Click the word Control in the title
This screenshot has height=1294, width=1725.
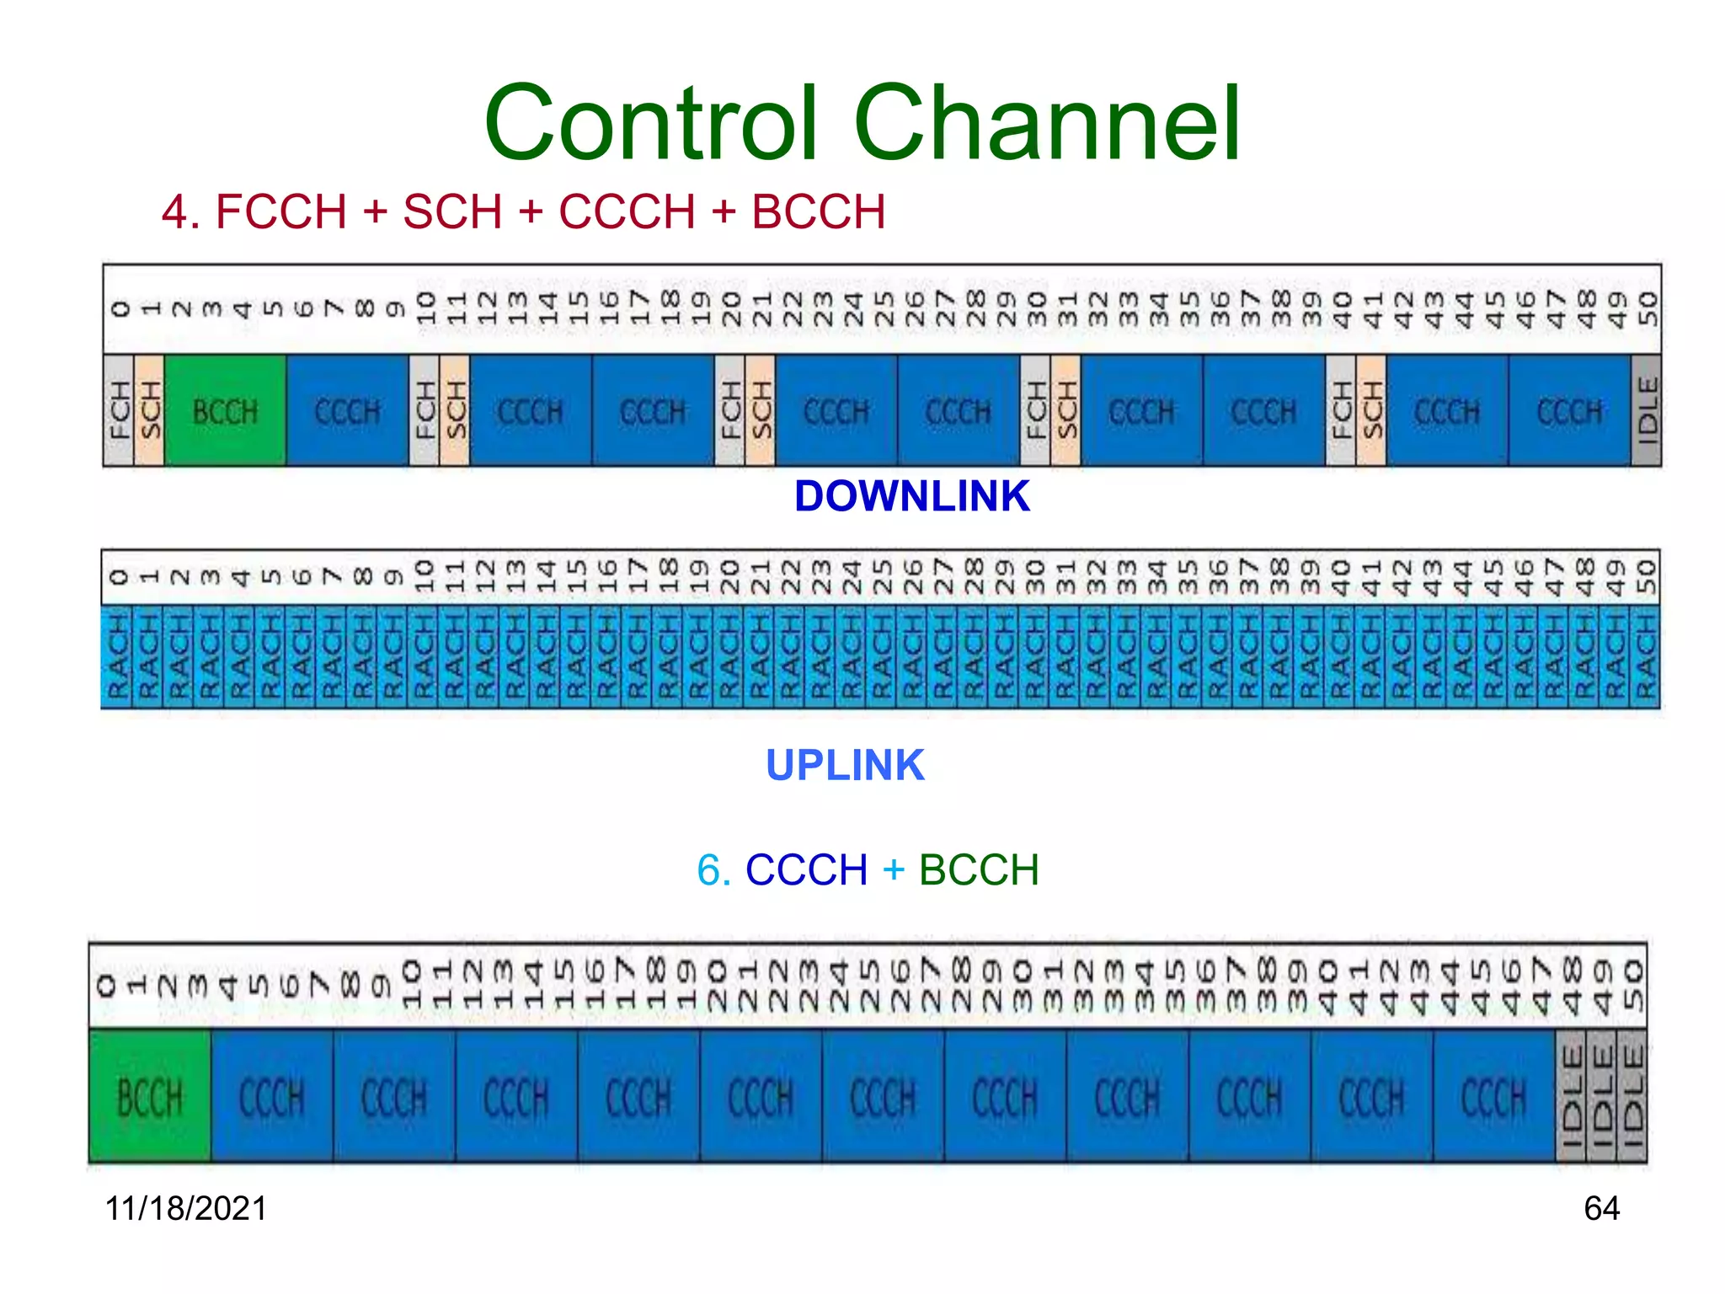point(651,124)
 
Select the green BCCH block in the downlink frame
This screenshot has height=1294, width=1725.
point(225,411)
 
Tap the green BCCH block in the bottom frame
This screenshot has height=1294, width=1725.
point(150,1097)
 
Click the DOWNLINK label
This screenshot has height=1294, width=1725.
point(911,496)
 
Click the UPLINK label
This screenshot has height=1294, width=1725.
point(845,766)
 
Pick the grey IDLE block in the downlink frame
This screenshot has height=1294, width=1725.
point(1646,411)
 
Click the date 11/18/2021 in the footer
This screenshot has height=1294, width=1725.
point(185,1208)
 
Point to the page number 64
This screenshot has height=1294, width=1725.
point(1601,1208)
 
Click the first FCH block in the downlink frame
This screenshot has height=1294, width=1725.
point(119,411)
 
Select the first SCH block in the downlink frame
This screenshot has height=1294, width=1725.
point(149,411)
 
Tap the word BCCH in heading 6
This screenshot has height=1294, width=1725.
point(979,869)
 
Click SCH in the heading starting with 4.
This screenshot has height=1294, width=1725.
point(452,211)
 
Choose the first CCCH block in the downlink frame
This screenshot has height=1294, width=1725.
point(347,411)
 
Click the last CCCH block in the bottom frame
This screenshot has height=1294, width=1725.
point(1493,1097)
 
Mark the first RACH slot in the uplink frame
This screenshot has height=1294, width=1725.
point(117,657)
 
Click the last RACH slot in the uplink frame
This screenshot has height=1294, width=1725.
point(1645,657)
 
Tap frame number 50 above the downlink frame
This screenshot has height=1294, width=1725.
point(1647,310)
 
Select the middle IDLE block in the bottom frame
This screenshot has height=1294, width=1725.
point(1602,1097)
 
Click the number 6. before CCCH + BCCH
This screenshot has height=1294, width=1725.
point(713,869)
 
